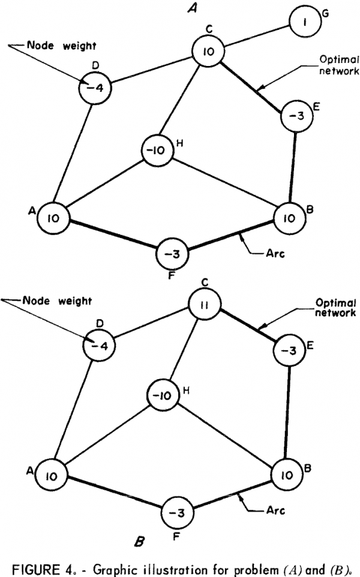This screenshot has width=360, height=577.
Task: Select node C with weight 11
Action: click(x=205, y=305)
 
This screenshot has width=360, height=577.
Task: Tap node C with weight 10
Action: click(x=209, y=51)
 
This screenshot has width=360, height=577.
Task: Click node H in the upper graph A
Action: click(x=158, y=151)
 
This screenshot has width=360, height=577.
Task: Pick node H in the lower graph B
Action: click(x=163, y=396)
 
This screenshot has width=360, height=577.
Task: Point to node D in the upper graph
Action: click(x=95, y=88)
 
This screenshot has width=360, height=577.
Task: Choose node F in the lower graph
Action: click(x=178, y=513)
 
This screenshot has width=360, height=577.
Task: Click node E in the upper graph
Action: click(x=296, y=116)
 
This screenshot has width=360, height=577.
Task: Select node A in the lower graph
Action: click(x=52, y=476)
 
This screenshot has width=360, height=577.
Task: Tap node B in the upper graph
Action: click(x=289, y=218)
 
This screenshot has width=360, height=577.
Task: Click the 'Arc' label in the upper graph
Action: click(x=275, y=254)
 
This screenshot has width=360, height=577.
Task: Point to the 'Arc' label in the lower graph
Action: click(x=275, y=510)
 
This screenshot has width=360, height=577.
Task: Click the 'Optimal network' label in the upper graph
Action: click(x=338, y=65)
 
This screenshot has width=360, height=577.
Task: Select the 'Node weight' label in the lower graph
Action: click(x=57, y=301)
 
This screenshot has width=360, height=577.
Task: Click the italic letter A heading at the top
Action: click(x=192, y=8)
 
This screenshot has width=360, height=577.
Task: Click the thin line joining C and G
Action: click(x=257, y=37)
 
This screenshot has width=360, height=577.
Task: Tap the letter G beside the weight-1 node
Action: click(x=325, y=13)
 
